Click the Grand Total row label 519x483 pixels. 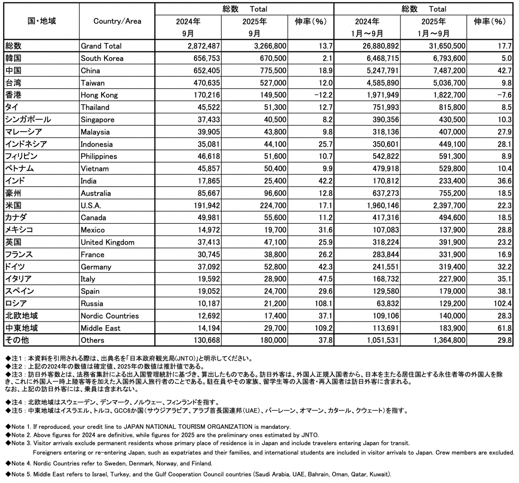click(x=101, y=46)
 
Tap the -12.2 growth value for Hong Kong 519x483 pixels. click(x=323, y=95)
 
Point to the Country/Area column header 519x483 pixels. click(x=117, y=21)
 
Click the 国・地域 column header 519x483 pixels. click(x=42, y=21)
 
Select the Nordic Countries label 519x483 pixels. click(x=110, y=316)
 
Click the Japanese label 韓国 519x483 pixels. click(x=13, y=58)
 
